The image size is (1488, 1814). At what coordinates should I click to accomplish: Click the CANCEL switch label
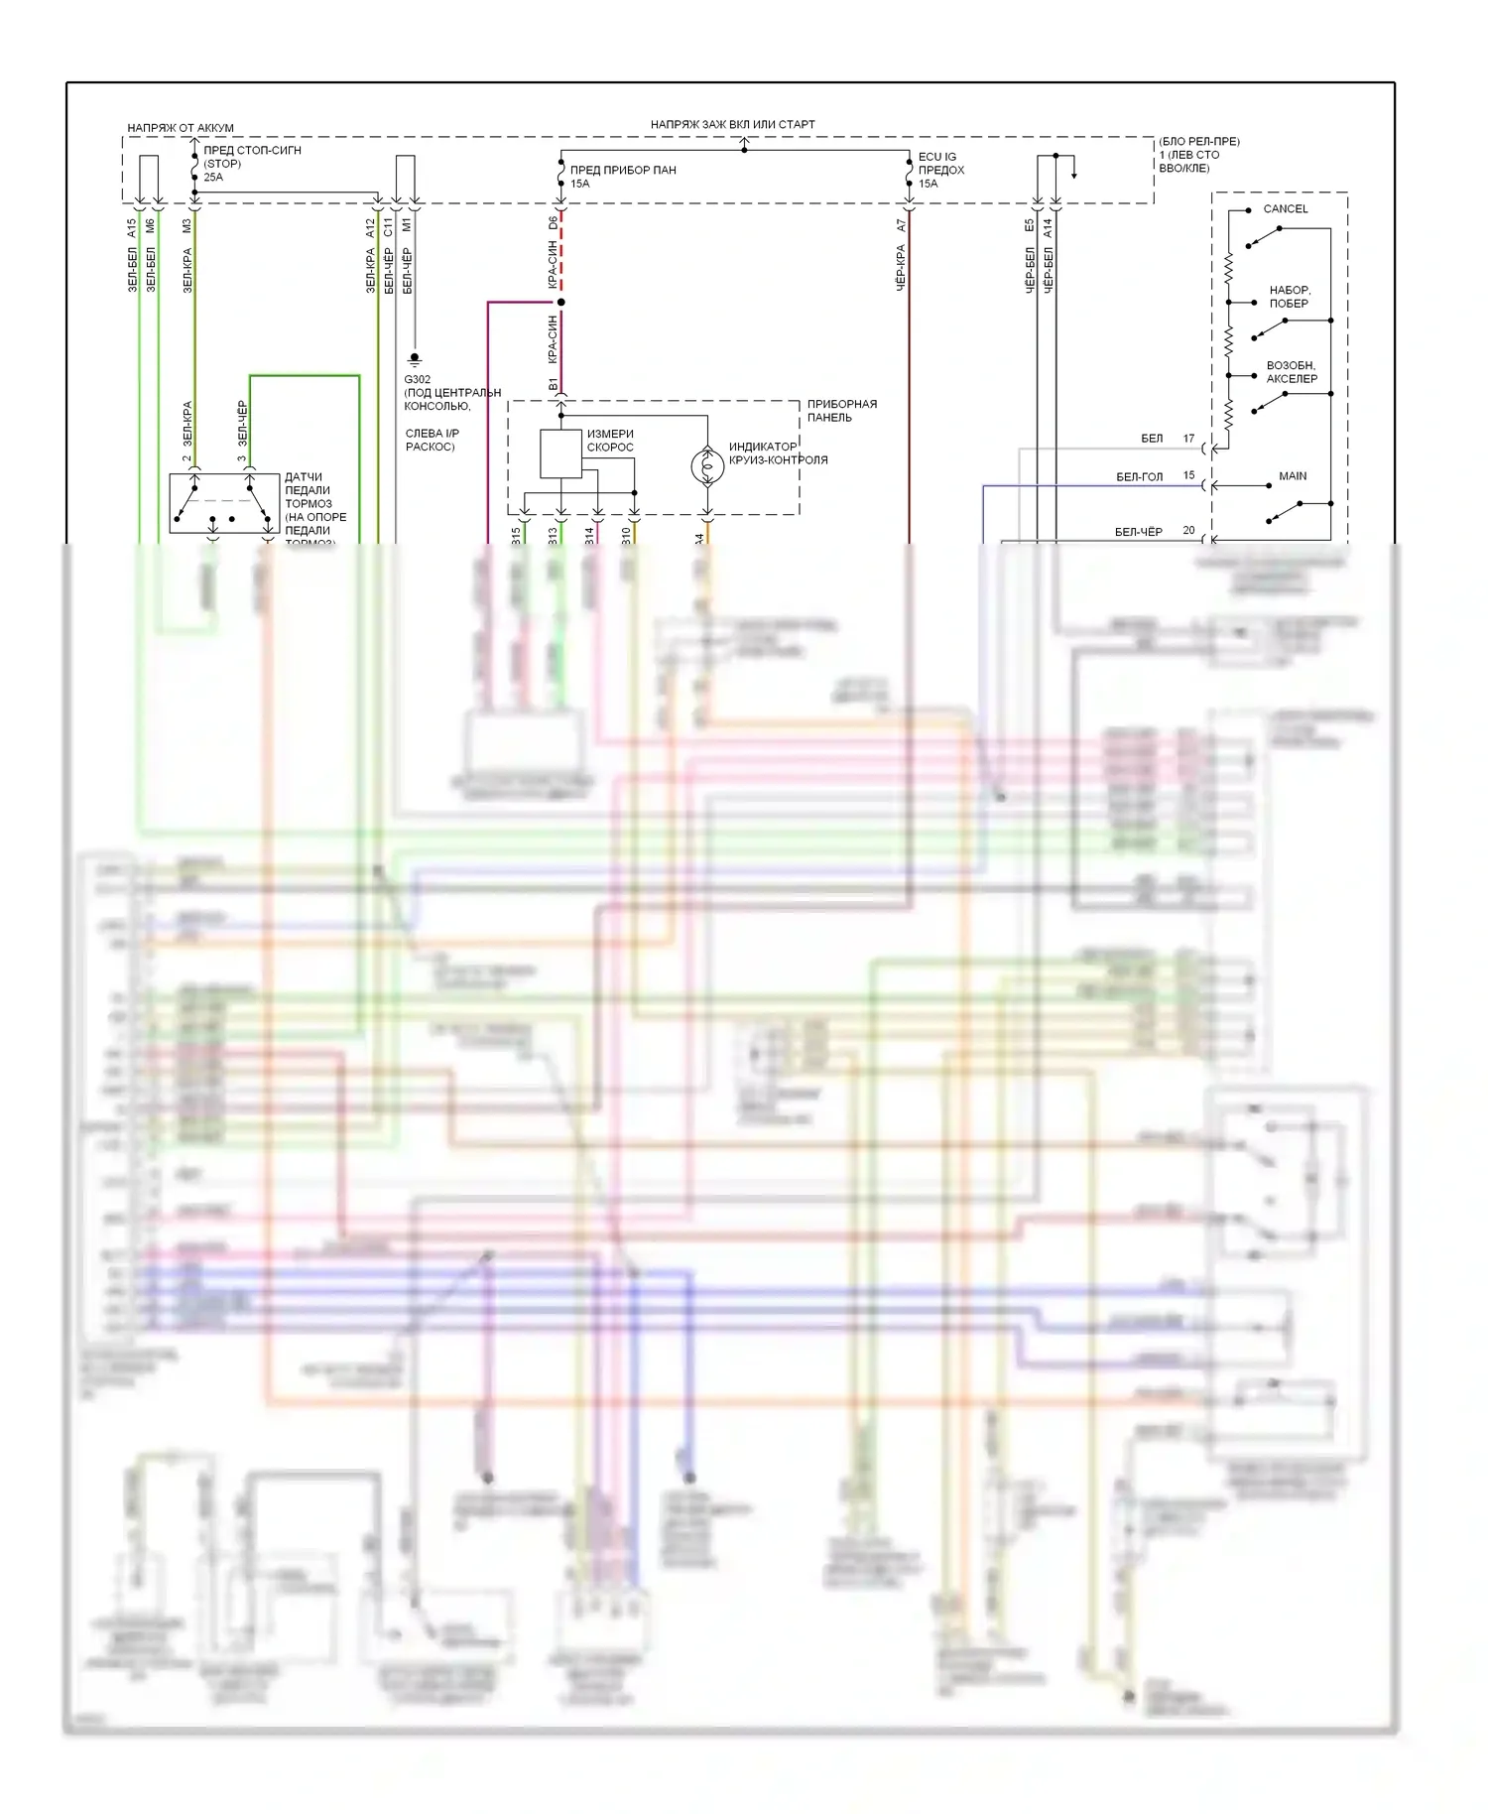pyautogui.click(x=1285, y=209)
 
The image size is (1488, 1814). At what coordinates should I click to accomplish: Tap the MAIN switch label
pyautogui.click(x=1292, y=476)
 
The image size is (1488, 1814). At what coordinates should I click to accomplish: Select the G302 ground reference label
pyautogui.click(x=417, y=380)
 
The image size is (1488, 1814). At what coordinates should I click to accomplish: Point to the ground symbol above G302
pyautogui.click(x=415, y=359)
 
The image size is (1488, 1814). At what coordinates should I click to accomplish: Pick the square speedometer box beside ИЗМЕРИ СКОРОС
pyautogui.click(x=560, y=453)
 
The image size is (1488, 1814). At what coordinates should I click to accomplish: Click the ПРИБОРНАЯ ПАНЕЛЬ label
pyautogui.click(x=841, y=411)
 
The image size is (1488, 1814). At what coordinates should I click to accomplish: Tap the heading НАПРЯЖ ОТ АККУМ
pyautogui.click(x=181, y=128)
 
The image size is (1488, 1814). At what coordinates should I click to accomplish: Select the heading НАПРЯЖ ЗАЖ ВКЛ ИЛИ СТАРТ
pyautogui.click(x=732, y=125)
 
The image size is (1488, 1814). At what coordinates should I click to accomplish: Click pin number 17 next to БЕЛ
pyautogui.click(x=1188, y=439)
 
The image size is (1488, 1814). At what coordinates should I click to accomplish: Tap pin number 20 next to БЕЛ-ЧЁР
pyautogui.click(x=1188, y=531)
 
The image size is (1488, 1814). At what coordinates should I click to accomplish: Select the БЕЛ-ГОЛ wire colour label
pyautogui.click(x=1139, y=477)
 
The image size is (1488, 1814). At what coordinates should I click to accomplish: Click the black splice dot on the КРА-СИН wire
pyautogui.click(x=560, y=302)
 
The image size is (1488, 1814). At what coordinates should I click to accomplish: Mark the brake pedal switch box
pyautogui.click(x=223, y=503)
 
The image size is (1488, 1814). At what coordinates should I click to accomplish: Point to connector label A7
pyautogui.click(x=902, y=226)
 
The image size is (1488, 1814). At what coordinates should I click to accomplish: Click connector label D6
pyautogui.click(x=554, y=224)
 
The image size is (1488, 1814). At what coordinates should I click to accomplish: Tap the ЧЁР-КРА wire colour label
pyautogui.click(x=902, y=268)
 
